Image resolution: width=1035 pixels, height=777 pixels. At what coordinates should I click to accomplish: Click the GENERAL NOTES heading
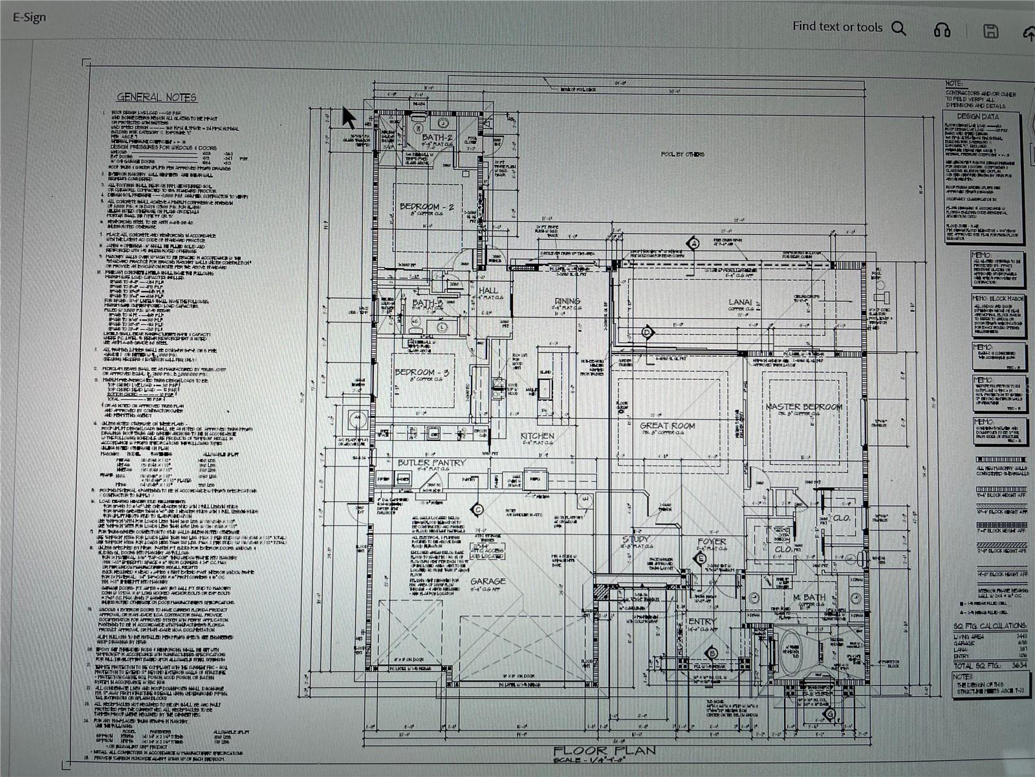[x=157, y=97]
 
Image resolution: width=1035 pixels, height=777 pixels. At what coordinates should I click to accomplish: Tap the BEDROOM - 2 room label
[x=426, y=207]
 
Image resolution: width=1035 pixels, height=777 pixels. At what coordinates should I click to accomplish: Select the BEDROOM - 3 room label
[x=422, y=372]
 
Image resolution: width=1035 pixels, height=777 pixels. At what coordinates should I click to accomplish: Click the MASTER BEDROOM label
[x=803, y=407]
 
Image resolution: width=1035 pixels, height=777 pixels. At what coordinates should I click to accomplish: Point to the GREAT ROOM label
[x=667, y=425]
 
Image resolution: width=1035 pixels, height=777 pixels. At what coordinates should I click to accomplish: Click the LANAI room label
[x=740, y=302]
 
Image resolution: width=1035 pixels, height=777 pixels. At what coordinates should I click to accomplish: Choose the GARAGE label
[x=488, y=581]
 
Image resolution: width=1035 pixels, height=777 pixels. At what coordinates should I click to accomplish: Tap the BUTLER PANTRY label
[x=431, y=462]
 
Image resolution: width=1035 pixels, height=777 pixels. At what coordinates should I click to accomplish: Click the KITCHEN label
[x=537, y=436]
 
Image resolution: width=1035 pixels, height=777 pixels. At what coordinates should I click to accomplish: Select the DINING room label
[x=567, y=301]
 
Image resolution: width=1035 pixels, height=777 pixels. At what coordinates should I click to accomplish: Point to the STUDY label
[x=636, y=539]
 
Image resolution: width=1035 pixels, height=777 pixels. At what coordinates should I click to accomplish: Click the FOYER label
[x=712, y=541]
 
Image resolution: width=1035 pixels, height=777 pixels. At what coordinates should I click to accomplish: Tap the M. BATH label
[x=809, y=597]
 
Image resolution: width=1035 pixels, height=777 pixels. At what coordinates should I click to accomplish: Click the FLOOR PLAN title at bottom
[x=604, y=750]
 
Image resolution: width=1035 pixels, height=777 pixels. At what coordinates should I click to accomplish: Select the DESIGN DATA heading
[x=977, y=117]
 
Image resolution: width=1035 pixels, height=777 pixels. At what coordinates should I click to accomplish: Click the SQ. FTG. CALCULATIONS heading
[x=989, y=625]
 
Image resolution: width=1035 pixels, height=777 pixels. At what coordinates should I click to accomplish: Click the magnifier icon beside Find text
[x=899, y=28]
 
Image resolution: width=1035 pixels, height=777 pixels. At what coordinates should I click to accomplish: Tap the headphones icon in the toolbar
[x=942, y=30]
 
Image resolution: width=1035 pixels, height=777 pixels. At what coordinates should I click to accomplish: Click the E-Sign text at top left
[x=30, y=17]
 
